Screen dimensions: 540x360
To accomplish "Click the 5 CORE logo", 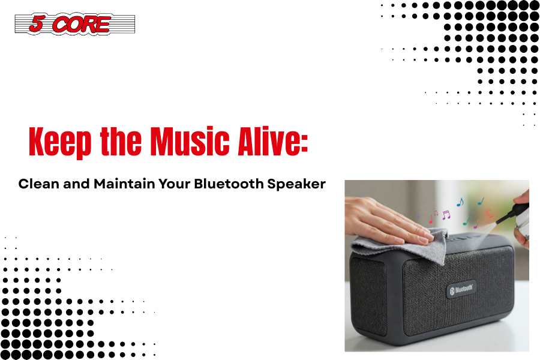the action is (75, 23).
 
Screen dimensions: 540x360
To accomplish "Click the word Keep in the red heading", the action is (60, 142).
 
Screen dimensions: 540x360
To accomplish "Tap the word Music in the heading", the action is (190, 141).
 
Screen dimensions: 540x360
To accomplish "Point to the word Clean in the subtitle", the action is (39, 184).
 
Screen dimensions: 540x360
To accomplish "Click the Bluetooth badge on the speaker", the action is (461, 289).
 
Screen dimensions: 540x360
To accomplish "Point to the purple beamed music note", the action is (446, 215).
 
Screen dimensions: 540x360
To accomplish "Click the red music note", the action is (430, 218).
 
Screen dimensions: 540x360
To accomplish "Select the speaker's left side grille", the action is (368, 296).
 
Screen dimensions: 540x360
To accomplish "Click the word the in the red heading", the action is (121, 141).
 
